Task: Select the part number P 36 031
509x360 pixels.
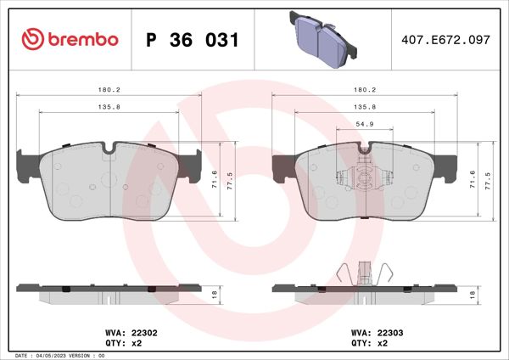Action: point(193,40)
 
